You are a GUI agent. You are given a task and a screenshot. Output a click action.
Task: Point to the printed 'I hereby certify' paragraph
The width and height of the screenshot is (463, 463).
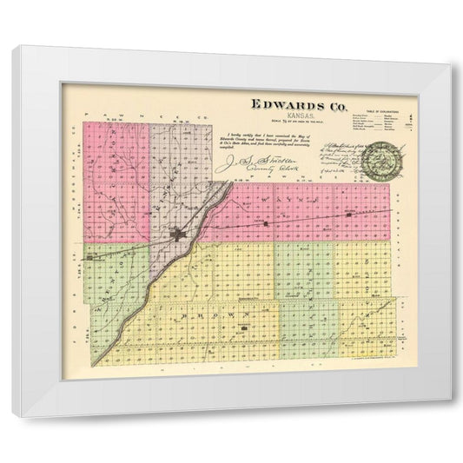point(261,139)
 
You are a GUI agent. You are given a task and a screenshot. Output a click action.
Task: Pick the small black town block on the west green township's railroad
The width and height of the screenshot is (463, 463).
point(90,257)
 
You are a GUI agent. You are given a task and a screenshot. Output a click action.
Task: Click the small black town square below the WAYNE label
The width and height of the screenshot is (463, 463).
point(264,224)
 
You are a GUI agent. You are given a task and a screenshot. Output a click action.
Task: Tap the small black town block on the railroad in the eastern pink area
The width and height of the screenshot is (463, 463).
point(347,213)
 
